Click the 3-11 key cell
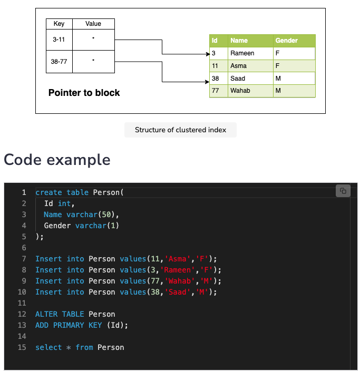click(x=59, y=40)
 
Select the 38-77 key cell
click(x=59, y=62)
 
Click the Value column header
click(x=93, y=24)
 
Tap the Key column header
click(x=59, y=24)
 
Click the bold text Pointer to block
click(x=84, y=93)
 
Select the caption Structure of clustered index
click(x=180, y=130)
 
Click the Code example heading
click(x=57, y=159)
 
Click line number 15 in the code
click(x=22, y=347)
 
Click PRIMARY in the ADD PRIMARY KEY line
click(x=71, y=325)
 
